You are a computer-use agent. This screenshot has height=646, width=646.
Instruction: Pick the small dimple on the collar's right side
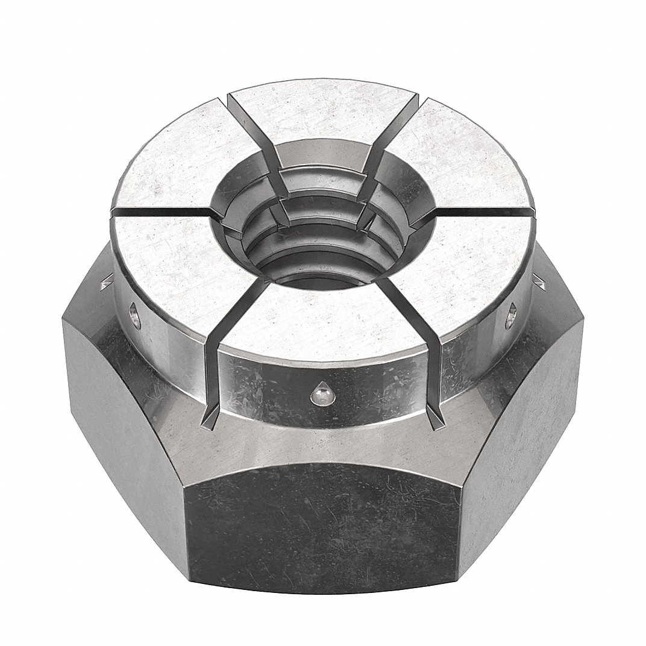point(512,314)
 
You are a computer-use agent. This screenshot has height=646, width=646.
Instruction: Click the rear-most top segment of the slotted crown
point(319,121)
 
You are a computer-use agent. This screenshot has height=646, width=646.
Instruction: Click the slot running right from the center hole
point(476,212)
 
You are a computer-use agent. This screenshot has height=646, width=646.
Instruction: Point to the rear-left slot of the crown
point(253,121)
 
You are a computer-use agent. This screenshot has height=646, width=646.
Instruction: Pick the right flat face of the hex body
point(530,410)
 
